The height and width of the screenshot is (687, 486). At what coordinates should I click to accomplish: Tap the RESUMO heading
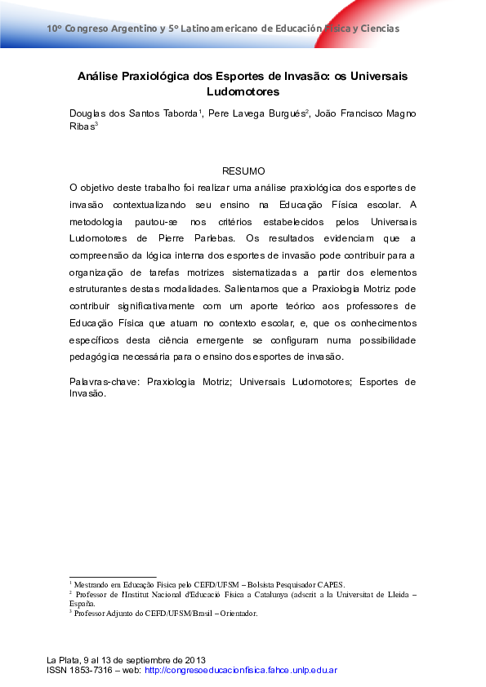243,171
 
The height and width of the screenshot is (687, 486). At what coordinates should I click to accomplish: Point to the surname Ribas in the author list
82,126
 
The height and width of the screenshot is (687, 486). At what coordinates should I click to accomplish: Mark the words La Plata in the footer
62,659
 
